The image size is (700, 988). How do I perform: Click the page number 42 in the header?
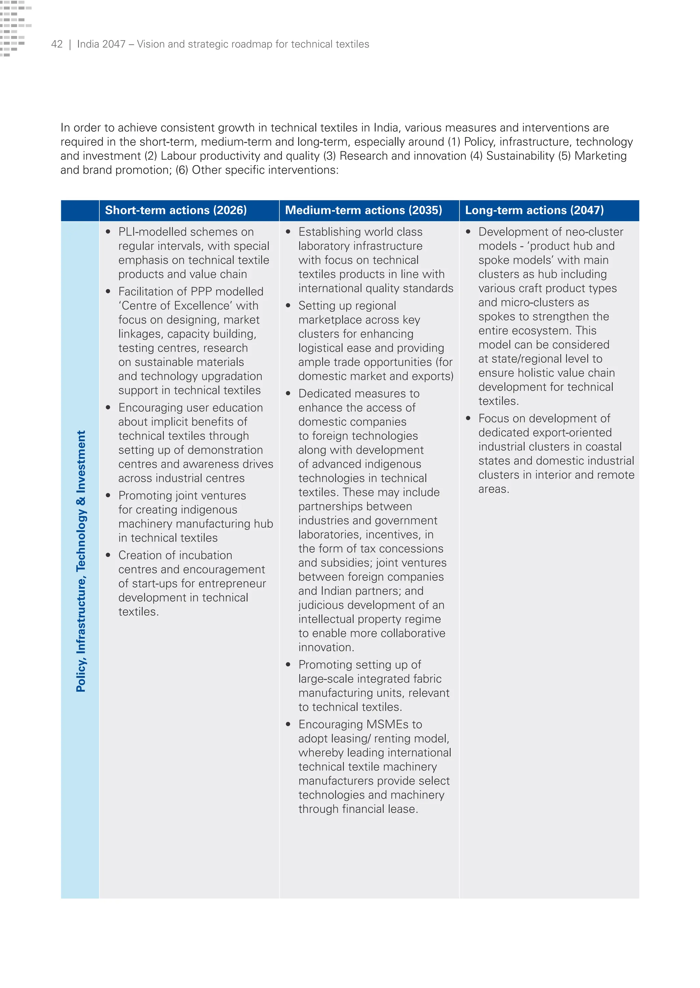tap(56, 44)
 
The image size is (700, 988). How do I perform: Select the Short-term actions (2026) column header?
tap(176, 210)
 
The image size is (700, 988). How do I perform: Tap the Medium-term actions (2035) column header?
tap(363, 210)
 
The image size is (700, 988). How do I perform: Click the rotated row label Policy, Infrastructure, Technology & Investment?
tap(81, 561)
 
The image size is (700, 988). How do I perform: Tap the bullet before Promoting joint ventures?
tap(108, 496)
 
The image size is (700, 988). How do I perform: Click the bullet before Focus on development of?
tap(468, 418)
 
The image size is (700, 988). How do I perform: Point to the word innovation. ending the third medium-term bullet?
tap(326, 647)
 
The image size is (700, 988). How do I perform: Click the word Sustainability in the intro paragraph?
tap(520, 156)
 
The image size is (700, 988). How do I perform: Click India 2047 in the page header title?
tap(101, 44)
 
